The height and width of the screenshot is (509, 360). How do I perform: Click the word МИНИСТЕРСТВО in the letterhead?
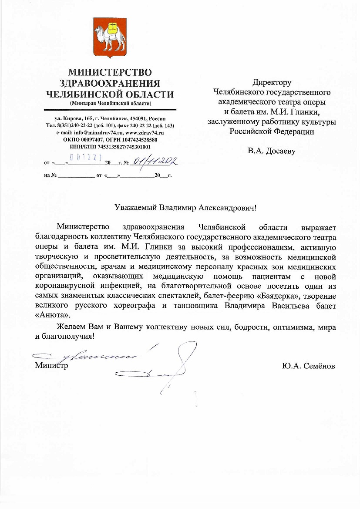[x=110, y=72]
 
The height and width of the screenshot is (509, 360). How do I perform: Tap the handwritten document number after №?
[x=155, y=163]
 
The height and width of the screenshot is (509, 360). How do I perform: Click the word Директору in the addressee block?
[x=272, y=82]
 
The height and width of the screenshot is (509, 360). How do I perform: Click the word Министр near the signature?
[x=51, y=366]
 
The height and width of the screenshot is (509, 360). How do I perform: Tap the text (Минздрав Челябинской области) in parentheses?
[x=110, y=103]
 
